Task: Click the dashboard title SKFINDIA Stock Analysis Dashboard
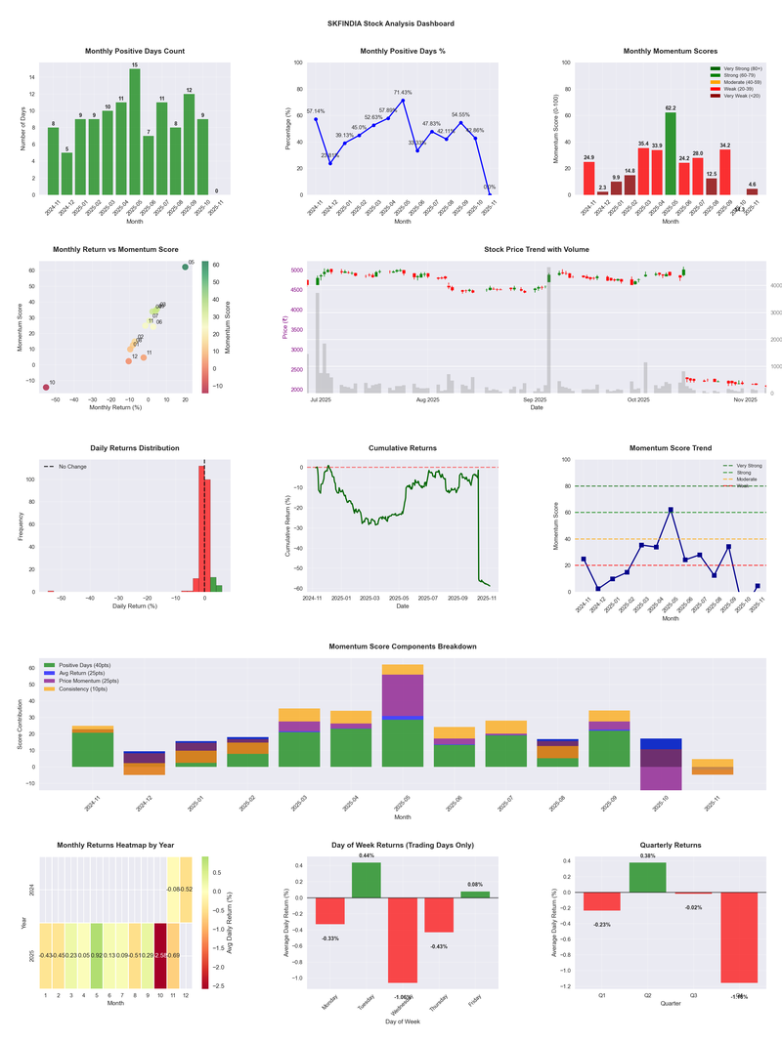391,23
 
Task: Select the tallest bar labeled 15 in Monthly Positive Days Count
135,132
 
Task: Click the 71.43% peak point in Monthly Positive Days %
403,101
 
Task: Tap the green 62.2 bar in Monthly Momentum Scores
671,153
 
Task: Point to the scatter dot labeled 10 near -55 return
45,388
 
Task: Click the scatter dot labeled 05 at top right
185,268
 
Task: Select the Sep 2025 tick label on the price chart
535,399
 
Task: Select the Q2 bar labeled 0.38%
648,877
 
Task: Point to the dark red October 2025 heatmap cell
160,955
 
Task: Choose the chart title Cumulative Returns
403,448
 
